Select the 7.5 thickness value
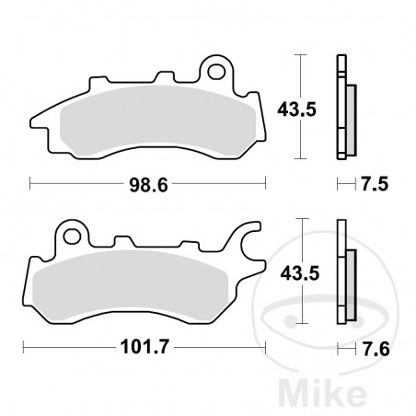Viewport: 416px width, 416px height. [373, 185]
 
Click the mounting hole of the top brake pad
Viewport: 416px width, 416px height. [218, 69]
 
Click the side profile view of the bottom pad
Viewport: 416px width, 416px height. [344, 276]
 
